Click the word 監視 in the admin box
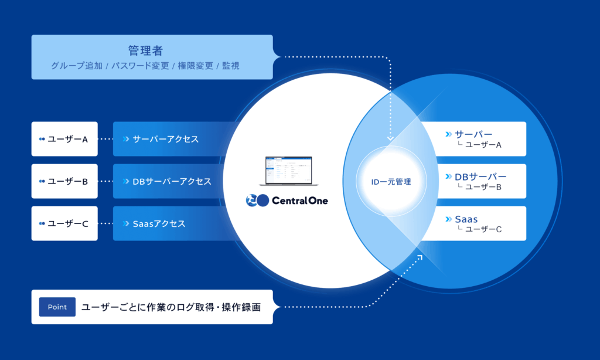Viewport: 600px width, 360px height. pos(231,66)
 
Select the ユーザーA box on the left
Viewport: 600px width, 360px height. pos(64,139)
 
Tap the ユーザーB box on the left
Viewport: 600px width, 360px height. pos(64,181)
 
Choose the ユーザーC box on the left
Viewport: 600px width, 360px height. pos(64,223)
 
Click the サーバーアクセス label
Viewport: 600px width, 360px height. pos(165,139)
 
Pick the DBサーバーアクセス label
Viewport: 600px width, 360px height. pos(172,181)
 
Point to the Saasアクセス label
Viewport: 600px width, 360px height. pos(159,223)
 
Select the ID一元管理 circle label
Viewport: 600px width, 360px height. pos(391,182)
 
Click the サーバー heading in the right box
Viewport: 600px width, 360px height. pos(473,134)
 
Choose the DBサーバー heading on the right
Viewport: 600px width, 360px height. pos(480,176)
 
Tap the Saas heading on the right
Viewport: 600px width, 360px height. pos(466,219)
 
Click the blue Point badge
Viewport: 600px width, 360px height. pos(57,307)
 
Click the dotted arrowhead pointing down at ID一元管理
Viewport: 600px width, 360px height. pos(390,139)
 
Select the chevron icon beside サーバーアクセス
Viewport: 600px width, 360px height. pos(126,139)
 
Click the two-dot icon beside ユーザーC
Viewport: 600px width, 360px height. pos(42,223)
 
